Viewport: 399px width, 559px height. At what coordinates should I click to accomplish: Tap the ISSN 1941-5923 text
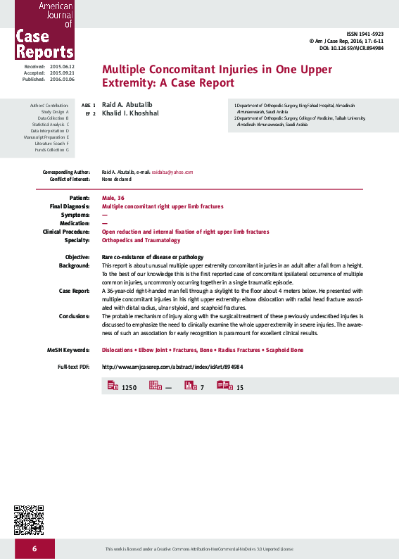[365, 34]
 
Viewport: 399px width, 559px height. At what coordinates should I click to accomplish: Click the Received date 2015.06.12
[62, 66]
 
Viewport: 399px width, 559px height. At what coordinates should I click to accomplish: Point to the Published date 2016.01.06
[62, 80]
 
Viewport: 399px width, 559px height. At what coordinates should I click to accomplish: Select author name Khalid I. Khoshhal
[131, 113]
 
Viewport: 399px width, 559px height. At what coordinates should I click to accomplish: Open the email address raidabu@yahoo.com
[172, 172]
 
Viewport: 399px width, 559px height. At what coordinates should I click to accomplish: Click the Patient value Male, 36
[113, 198]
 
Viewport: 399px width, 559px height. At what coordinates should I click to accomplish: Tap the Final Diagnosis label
[70, 206]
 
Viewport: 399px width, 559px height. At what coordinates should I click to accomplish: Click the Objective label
[77, 257]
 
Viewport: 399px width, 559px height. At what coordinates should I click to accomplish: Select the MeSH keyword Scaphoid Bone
[280, 350]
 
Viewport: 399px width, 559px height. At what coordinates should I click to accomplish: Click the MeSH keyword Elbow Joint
[154, 350]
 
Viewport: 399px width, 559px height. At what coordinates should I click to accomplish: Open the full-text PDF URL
[172, 367]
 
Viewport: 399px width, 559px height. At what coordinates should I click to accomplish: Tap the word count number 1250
[129, 388]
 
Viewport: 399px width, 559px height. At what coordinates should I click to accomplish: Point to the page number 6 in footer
[33, 548]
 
